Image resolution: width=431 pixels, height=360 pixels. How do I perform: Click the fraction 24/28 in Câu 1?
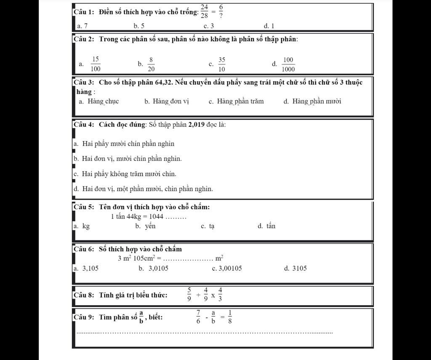click(x=205, y=11)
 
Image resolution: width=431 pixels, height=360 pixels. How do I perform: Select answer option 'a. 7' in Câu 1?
click(x=82, y=26)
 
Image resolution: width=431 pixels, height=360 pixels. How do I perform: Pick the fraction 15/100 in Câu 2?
click(x=96, y=64)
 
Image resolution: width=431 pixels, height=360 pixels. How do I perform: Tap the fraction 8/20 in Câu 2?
click(x=151, y=64)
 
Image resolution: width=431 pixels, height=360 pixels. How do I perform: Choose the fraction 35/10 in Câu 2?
click(x=222, y=64)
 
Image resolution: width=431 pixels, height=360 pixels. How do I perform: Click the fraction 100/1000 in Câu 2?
click(x=288, y=64)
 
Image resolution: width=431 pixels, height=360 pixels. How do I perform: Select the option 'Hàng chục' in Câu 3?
click(x=103, y=101)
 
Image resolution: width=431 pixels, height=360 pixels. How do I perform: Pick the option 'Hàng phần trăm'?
click(x=240, y=101)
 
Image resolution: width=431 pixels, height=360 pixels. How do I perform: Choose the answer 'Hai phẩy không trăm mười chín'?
click(x=129, y=173)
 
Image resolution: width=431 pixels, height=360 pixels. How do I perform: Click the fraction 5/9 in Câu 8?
click(x=189, y=295)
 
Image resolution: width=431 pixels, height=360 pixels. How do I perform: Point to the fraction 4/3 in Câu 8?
click(x=221, y=295)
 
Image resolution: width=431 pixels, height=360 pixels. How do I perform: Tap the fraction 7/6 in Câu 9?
click(x=198, y=317)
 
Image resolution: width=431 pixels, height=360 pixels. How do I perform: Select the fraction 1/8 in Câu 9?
click(x=230, y=317)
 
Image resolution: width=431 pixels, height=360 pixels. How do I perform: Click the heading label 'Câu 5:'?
click(x=85, y=207)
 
